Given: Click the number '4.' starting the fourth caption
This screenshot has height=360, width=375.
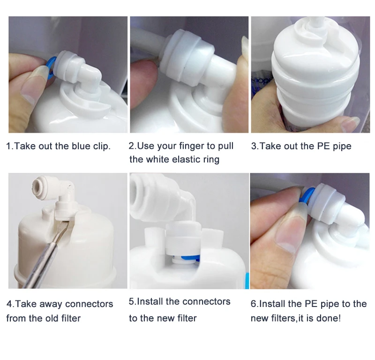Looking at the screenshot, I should [10, 304].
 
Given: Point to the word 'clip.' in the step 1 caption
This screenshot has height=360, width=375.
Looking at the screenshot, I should [101, 146].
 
